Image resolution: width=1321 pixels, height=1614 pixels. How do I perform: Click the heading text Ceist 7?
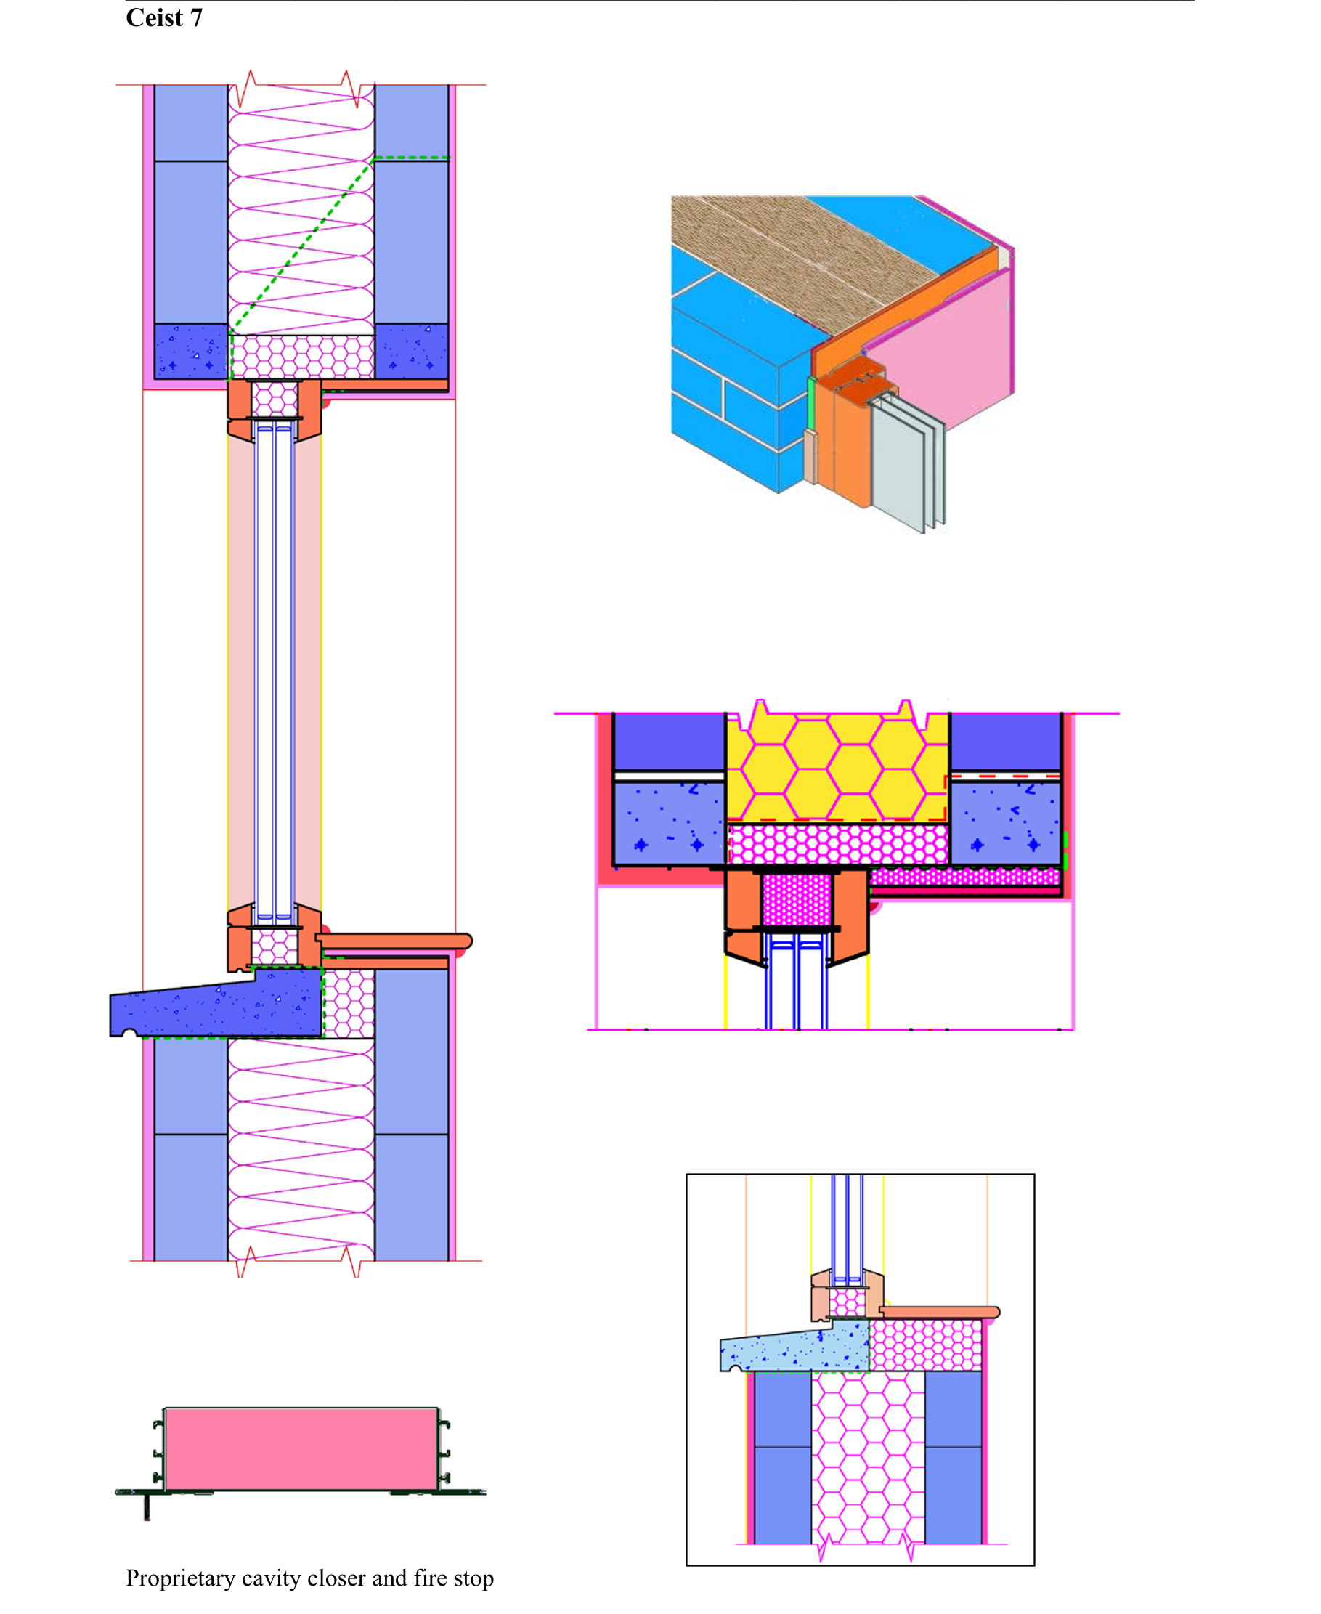pos(164,17)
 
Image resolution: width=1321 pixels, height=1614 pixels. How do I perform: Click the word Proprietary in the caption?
pos(180,1579)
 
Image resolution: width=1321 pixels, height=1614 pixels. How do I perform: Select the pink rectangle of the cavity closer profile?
pos(301,1449)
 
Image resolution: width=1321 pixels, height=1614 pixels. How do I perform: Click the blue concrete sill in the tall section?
pos(217,1003)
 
